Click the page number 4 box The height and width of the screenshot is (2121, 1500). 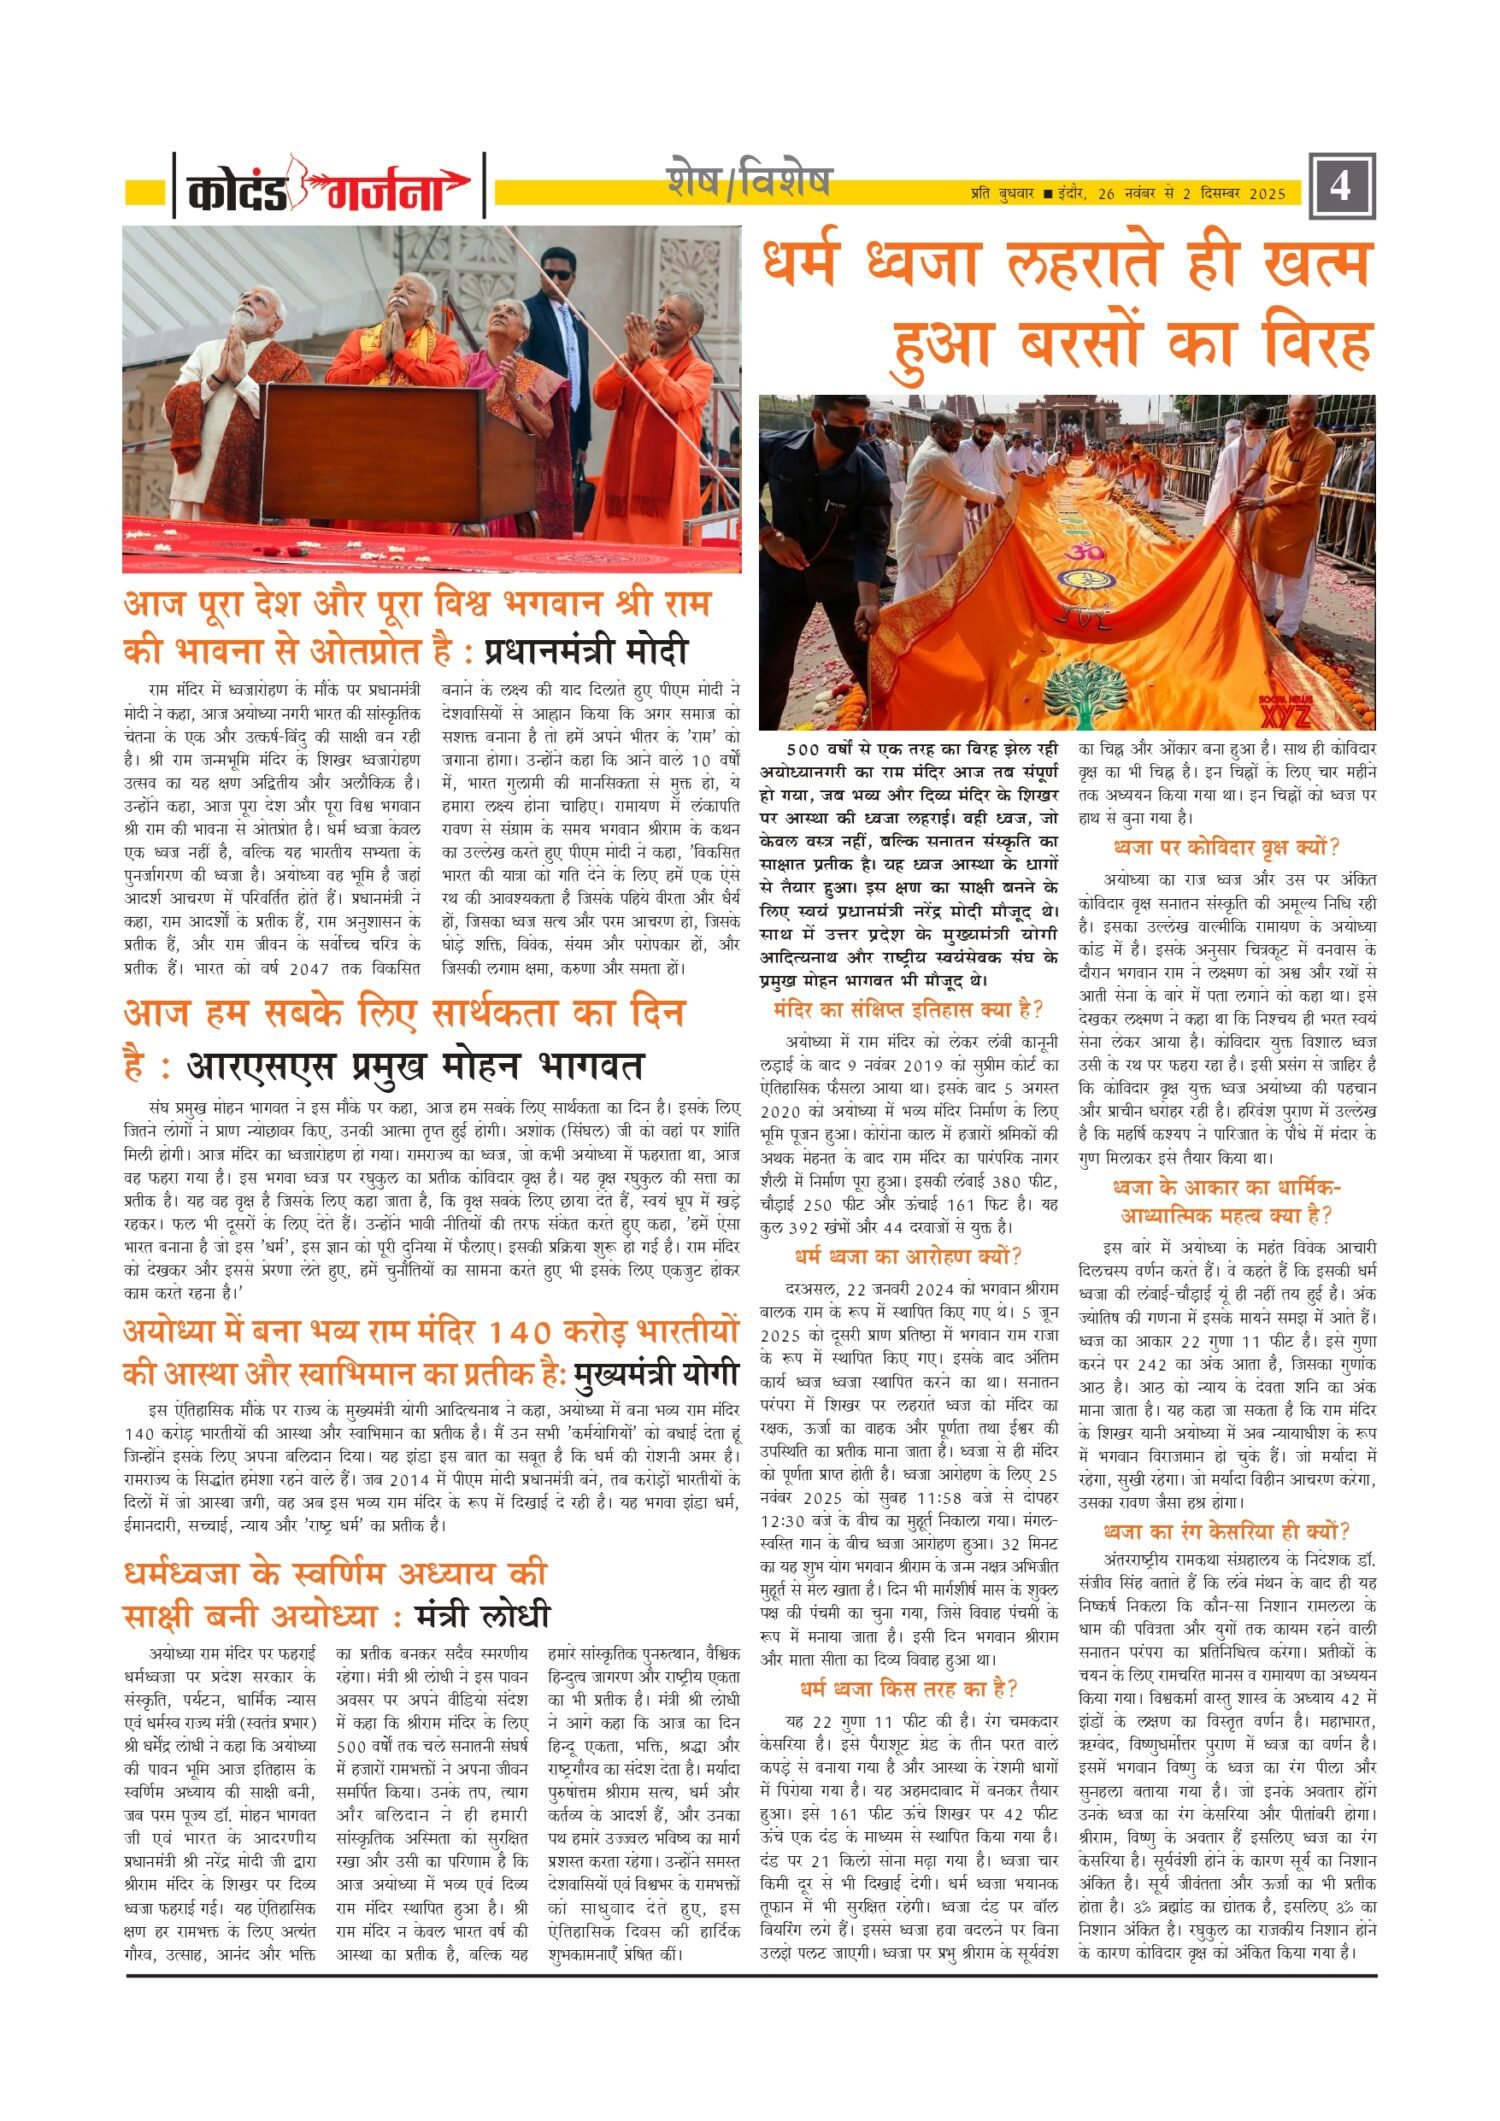pos(1341,186)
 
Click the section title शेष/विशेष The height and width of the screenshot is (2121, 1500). pos(749,183)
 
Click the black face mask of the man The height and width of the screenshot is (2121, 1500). pos(842,436)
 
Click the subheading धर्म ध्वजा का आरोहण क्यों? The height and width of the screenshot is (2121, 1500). pos(908,1255)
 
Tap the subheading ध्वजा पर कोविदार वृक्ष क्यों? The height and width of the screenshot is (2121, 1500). pos(1227,847)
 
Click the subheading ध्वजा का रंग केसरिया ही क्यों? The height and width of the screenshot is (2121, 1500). pos(1227,1531)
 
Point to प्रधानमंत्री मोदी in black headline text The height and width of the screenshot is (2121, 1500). pos(587,651)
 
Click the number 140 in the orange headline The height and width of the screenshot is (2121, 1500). pos(539,1333)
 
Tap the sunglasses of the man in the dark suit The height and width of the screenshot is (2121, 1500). pos(558,273)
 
